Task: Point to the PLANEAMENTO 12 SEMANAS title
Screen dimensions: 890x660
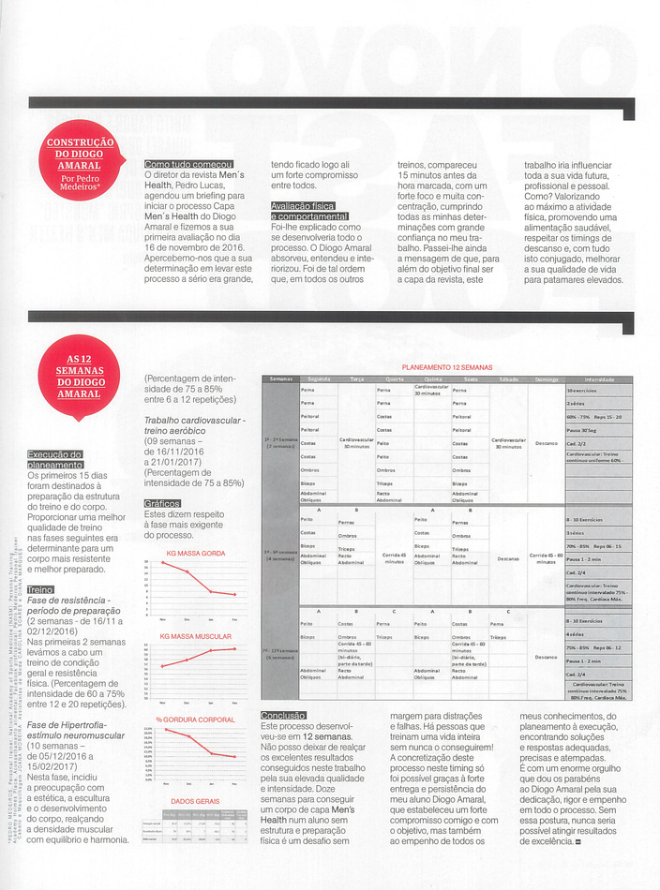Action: point(446,367)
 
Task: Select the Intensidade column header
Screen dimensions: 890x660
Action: point(598,378)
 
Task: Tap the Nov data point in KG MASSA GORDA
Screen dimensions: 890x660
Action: point(163,562)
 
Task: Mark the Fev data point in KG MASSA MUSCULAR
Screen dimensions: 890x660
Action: point(234,648)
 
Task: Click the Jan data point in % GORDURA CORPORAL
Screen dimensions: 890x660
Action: point(210,753)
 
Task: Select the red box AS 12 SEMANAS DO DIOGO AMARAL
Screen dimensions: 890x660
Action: point(79,376)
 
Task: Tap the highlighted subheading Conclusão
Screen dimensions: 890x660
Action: point(283,716)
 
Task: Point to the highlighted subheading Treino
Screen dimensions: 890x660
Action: point(40,589)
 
